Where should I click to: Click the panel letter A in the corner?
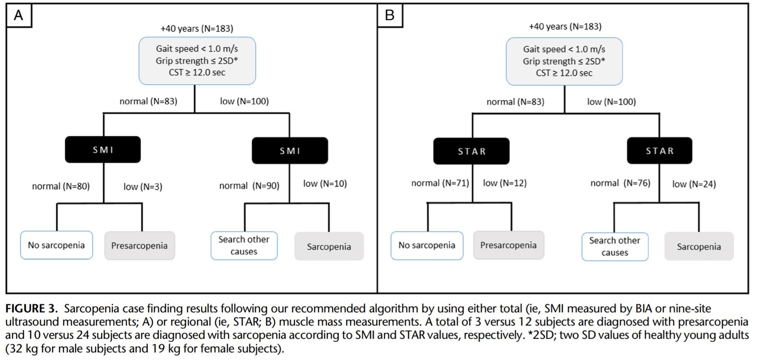[x=18, y=15]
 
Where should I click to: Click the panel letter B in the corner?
[x=389, y=15]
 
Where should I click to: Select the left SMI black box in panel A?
[x=103, y=150]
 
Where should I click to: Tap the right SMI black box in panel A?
[x=290, y=150]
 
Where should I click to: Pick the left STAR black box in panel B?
[x=471, y=151]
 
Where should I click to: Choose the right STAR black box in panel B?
[x=659, y=150]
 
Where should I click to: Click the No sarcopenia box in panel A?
[x=57, y=245]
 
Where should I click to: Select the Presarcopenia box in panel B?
[x=509, y=245]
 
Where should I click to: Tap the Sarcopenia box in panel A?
[x=329, y=246]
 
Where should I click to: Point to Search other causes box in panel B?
[x=615, y=246]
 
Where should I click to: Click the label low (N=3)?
[x=143, y=187]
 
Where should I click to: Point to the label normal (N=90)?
[x=249, y=186]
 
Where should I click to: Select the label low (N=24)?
[x=694, y=184]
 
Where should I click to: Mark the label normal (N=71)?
[x=440, y=183]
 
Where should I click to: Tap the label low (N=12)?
[x=505, y=183]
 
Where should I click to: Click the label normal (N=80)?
[x=61, y=186]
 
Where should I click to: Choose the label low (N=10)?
[x=325, y=184]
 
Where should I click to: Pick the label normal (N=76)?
[x=620, y=183]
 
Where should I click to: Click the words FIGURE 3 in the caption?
[x=31, y=308]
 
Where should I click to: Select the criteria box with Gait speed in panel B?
[x=564, y=61]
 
